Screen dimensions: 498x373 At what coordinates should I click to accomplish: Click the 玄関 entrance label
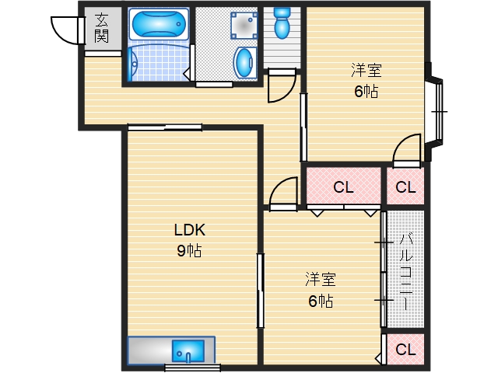102,28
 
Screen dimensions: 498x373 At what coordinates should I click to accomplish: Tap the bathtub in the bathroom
159,24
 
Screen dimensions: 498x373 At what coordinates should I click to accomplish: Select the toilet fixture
282,23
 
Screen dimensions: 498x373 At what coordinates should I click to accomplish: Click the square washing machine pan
244,26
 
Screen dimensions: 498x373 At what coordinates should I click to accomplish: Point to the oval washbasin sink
245,62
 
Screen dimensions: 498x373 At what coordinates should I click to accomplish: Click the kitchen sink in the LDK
188,351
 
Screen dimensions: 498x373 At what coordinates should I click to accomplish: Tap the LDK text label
190,230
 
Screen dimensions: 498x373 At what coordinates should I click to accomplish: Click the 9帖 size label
189,251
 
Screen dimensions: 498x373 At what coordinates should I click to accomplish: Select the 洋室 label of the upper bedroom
366,70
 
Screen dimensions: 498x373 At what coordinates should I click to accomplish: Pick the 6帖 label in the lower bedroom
321,301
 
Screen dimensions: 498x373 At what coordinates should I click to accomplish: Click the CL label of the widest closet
344,187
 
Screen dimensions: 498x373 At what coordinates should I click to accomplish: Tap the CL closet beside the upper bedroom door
406,187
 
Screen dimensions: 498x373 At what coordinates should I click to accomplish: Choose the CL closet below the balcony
406,350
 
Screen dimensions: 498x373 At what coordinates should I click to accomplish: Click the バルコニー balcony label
406,271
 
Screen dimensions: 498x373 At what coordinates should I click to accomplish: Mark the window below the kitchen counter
192,368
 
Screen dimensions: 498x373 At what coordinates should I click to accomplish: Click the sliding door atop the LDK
165,127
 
